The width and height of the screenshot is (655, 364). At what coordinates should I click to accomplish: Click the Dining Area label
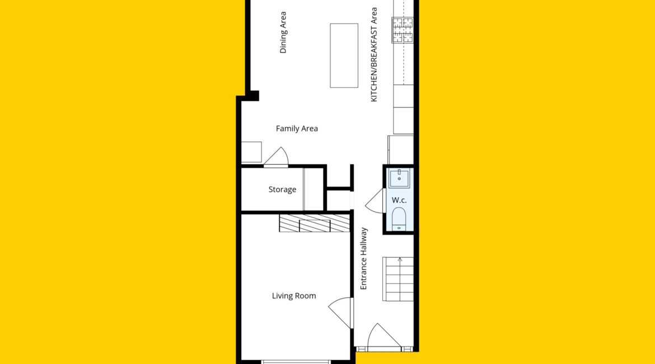pos(283,32)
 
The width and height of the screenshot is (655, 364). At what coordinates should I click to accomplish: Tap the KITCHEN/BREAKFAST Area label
pos(375,54)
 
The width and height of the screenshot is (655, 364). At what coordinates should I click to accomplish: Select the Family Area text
pos(297,128)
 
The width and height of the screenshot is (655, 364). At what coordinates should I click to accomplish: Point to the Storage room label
pos(282,189)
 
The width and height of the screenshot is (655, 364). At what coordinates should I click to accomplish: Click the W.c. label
pos(399,200)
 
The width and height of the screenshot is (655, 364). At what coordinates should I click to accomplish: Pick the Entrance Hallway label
pos(363,259)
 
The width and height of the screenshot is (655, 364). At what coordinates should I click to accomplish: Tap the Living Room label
pos(294,296)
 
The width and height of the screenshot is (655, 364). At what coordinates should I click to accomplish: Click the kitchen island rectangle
pos(344,55)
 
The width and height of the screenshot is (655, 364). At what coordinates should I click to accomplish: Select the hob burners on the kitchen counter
pos(403,30)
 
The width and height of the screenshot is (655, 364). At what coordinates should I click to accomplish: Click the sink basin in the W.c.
pos(399,178)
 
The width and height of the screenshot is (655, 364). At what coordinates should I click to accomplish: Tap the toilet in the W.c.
pos(399,218)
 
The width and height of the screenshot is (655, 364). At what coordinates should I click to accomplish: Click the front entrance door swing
pos(383,335)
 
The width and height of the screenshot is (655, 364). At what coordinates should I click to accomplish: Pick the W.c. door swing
pos(375,201)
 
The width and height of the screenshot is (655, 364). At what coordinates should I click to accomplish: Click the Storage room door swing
pos(276,156)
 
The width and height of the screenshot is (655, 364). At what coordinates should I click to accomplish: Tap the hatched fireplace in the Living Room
pos(315,223)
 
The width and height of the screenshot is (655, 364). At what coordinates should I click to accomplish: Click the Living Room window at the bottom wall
pos(296,362)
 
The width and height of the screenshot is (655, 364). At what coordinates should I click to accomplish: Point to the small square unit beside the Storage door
pos(251,152)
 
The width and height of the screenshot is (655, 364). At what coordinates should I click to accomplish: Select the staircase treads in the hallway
pos(398,279)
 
